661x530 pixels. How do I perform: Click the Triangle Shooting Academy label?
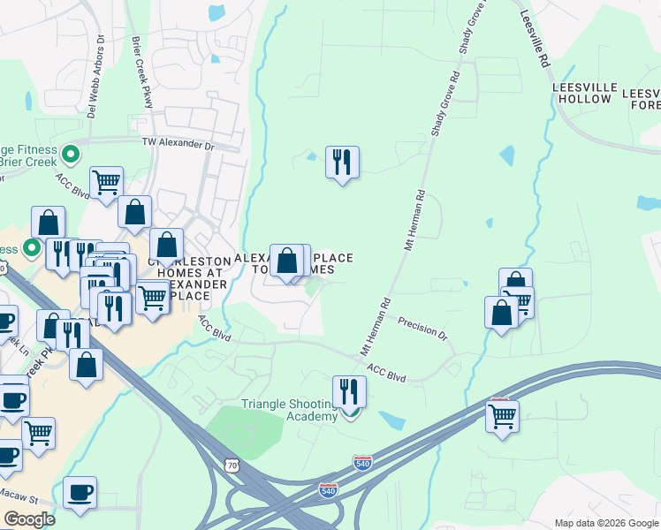(289, 411)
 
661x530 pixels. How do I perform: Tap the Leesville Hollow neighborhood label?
(581, 93)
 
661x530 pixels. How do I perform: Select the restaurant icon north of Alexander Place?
(341, 163)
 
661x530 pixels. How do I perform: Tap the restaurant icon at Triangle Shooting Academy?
(350, 391)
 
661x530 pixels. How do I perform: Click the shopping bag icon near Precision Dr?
(501, 313)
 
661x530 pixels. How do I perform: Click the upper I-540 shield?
(361, 462)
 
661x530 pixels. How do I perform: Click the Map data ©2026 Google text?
(606, 523)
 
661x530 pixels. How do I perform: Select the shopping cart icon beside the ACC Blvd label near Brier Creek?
(106, 182)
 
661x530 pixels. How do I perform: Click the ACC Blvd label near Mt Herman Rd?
(385, 375)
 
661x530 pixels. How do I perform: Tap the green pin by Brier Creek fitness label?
(71, 155)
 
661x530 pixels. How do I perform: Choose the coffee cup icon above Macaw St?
(80, 492)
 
